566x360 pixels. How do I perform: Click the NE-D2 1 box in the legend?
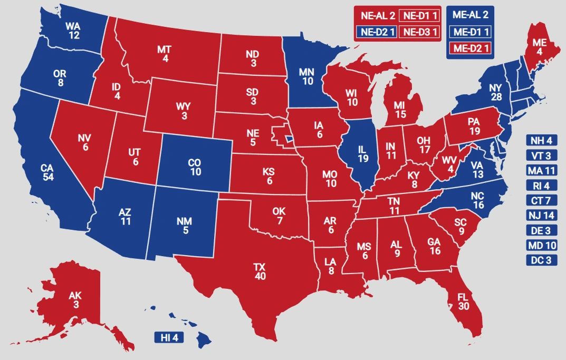[x=377, y=32]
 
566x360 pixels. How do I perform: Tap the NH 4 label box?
[x=542, y=141]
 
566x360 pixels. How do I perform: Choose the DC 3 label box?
[x=542, y=260]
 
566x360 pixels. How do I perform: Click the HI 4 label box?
[x=169, y=337]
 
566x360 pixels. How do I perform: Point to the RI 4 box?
[x=542, y=186]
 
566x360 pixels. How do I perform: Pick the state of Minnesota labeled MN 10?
[x=306, y=76]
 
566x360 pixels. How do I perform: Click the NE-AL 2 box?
[x=377, y=15]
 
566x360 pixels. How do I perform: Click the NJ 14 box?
[x=542, y=215]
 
